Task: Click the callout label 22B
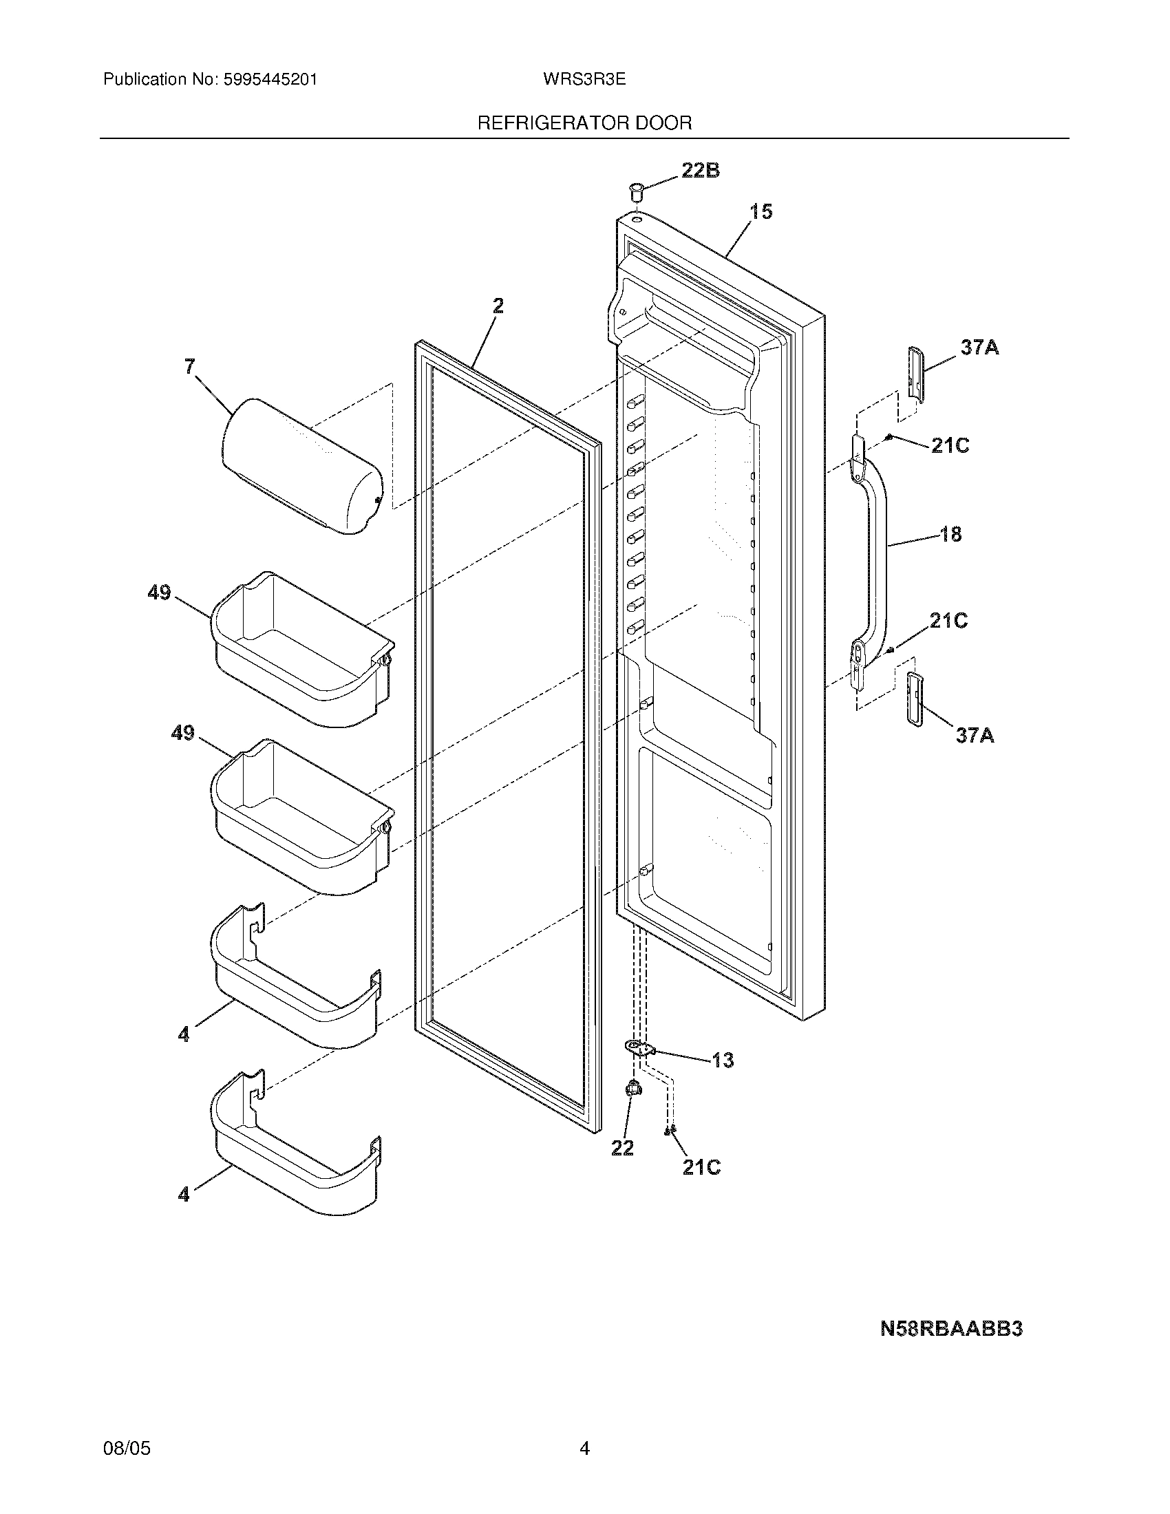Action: (x=700, y=171)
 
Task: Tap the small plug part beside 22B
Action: (x=636, y=190)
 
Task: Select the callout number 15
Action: (x=761, y=211)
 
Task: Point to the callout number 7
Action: (x=190, y=366)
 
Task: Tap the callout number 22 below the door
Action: (x=622, y=1149)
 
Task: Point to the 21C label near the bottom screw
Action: (x=701, y=1168)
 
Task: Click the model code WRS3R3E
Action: (x=584, y=80)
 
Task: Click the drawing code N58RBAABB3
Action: (x=951, y=1329)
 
